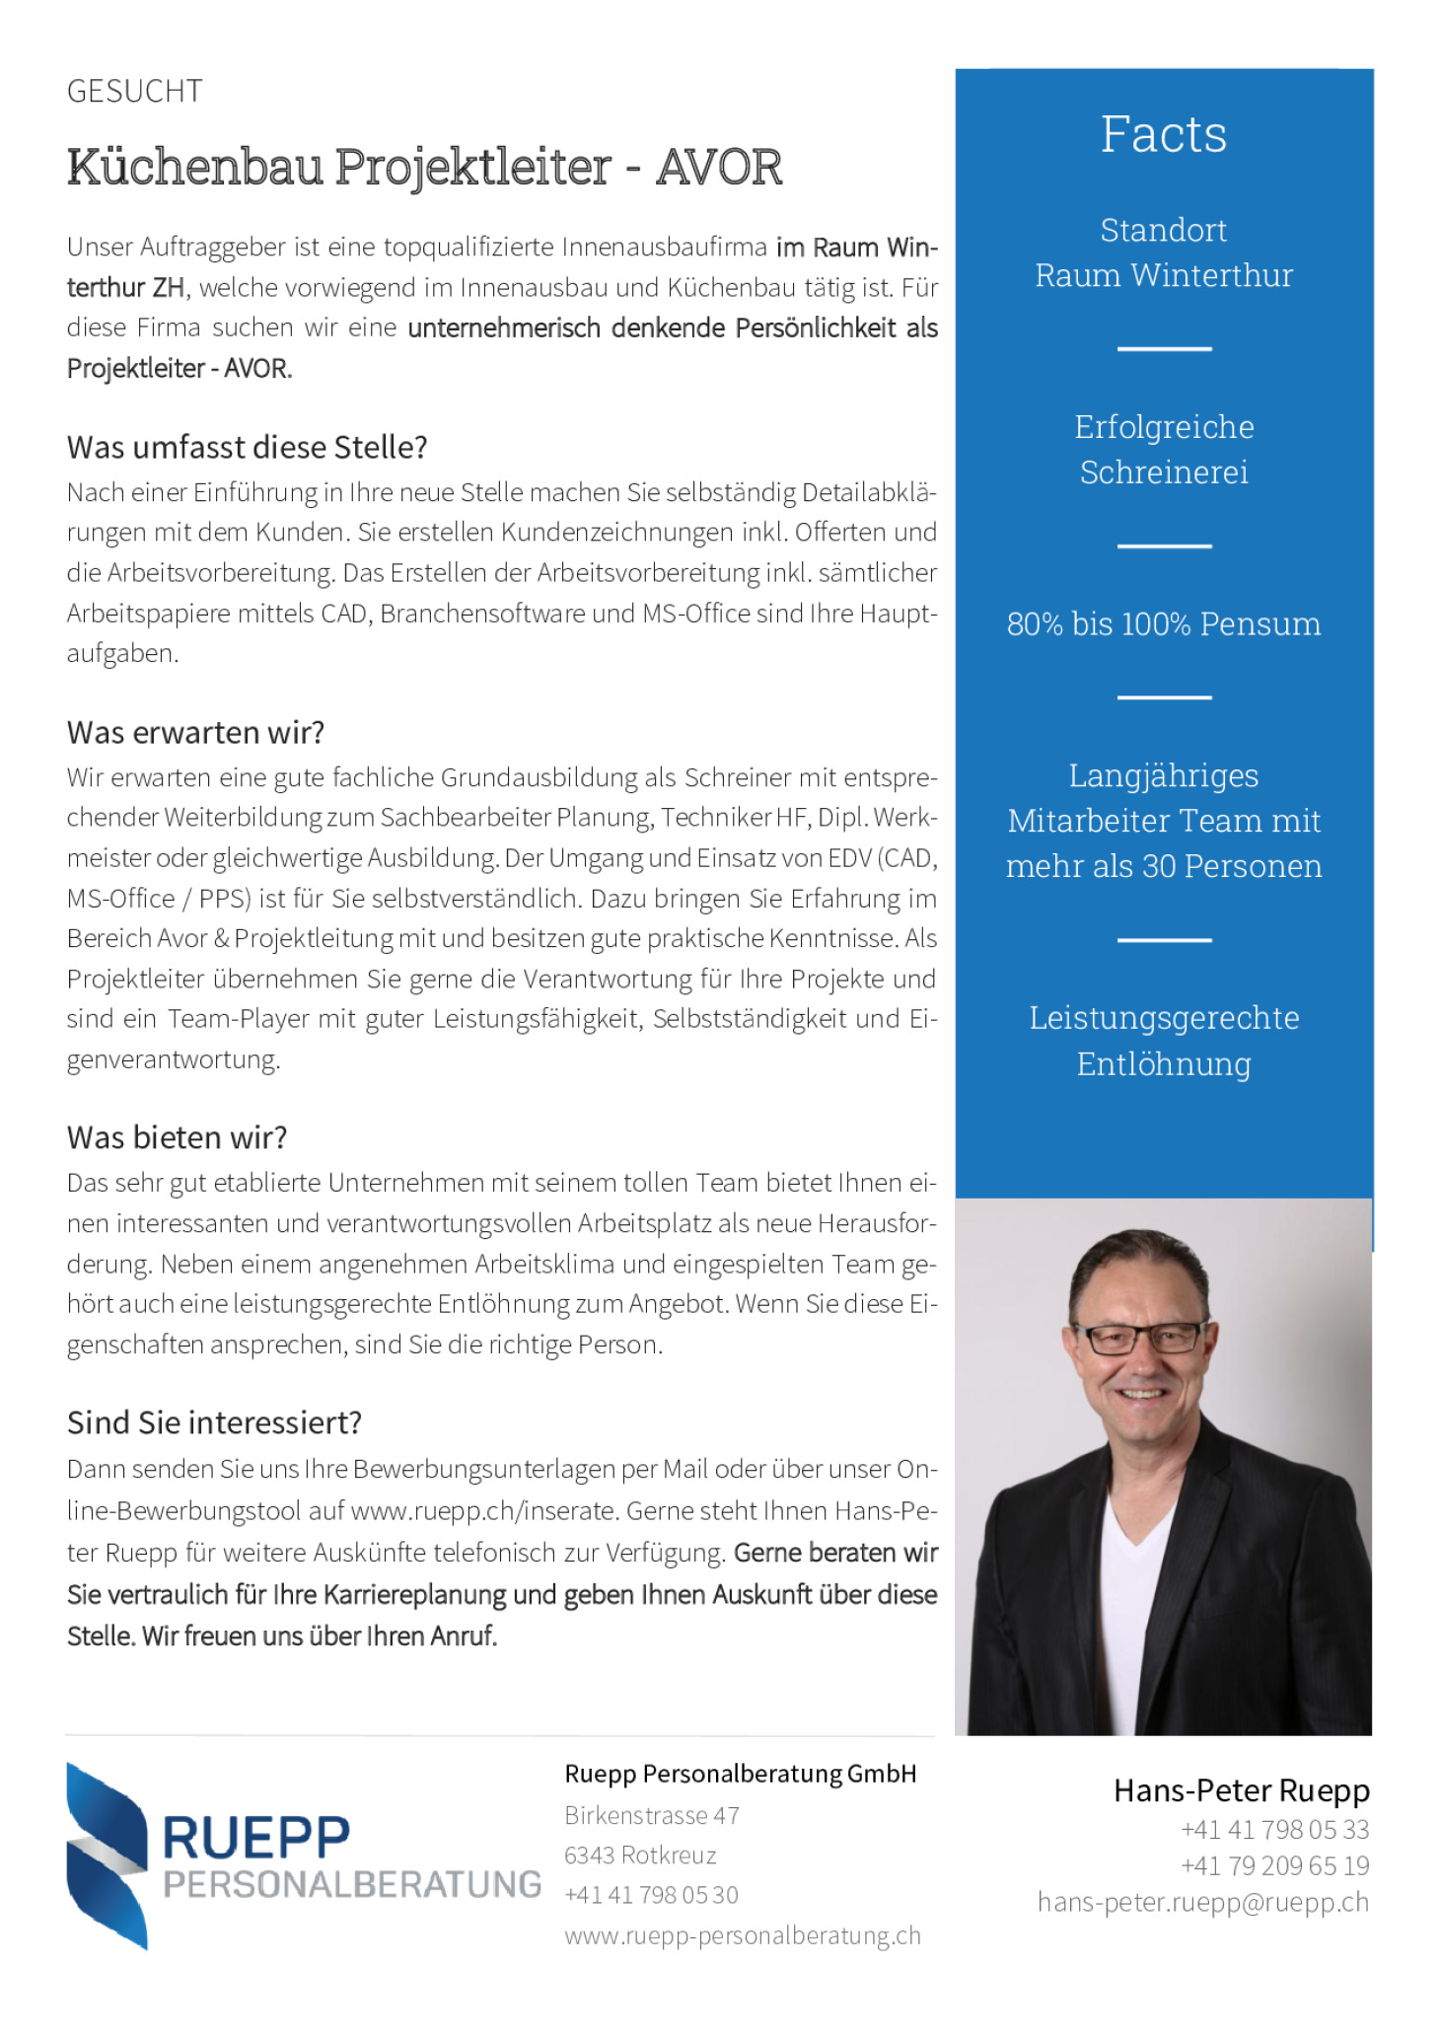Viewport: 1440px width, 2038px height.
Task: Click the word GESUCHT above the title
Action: coord(134,91)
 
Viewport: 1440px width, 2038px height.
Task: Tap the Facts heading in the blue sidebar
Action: coord(1163,134)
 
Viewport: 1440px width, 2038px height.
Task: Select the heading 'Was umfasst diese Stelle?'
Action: coord(247,447)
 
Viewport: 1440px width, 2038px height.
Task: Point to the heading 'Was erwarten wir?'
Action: coord(195,732)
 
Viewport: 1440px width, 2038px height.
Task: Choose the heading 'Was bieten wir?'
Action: coord(177,1137)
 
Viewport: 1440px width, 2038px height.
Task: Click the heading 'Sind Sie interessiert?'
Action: coord(214,1422)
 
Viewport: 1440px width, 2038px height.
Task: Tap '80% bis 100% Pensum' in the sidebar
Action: coord(1163,623)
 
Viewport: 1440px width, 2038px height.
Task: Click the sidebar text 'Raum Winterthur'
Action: coord(1163,275)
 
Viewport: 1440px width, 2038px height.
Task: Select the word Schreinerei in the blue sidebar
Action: coord(1163,473)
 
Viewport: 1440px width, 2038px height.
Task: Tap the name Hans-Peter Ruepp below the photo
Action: coord(1241,1790)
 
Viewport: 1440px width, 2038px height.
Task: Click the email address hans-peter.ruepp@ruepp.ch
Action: coord(1202,1902)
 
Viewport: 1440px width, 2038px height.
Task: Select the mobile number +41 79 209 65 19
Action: coord(1274,1865)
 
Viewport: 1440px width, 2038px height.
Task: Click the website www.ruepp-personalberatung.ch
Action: coord(742,1935)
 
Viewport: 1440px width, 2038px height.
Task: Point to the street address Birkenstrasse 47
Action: coord(651,1815)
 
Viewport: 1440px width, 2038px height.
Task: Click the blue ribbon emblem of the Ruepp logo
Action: coord(107,1855)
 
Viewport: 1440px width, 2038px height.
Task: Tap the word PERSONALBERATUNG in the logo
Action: coord(351,1884)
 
